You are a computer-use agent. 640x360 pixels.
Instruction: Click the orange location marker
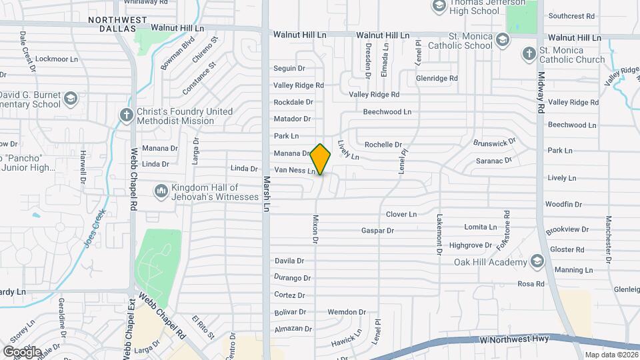(x=321, y=159)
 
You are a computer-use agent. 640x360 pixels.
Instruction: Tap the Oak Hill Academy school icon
(x=537, y=261)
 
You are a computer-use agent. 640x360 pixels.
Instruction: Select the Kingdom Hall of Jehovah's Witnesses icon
(x=161, y=192)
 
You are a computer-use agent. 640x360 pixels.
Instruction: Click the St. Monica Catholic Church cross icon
(x=529, y=54)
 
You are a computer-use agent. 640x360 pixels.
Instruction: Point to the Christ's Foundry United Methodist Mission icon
(x=126, y=115)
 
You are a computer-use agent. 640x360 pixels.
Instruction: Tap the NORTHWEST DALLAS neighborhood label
(x=118, y=20)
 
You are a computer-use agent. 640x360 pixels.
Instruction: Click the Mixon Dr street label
(x=316, y=229)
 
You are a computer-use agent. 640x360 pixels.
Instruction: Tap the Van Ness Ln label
(x=295, y=171)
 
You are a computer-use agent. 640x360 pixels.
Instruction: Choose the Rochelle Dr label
(x=383, y=145)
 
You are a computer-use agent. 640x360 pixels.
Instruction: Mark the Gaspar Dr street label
(x=377, y=231)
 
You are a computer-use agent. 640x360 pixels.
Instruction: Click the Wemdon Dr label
(x=347, y=312)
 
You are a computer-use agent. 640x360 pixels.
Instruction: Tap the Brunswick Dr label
(x=495, y=142)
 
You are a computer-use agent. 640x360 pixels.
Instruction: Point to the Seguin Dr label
(x=289, y=68)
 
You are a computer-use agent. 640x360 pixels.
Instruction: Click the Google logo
(x=22, y=351)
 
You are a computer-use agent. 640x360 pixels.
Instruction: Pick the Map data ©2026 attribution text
(x=610, y=355)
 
